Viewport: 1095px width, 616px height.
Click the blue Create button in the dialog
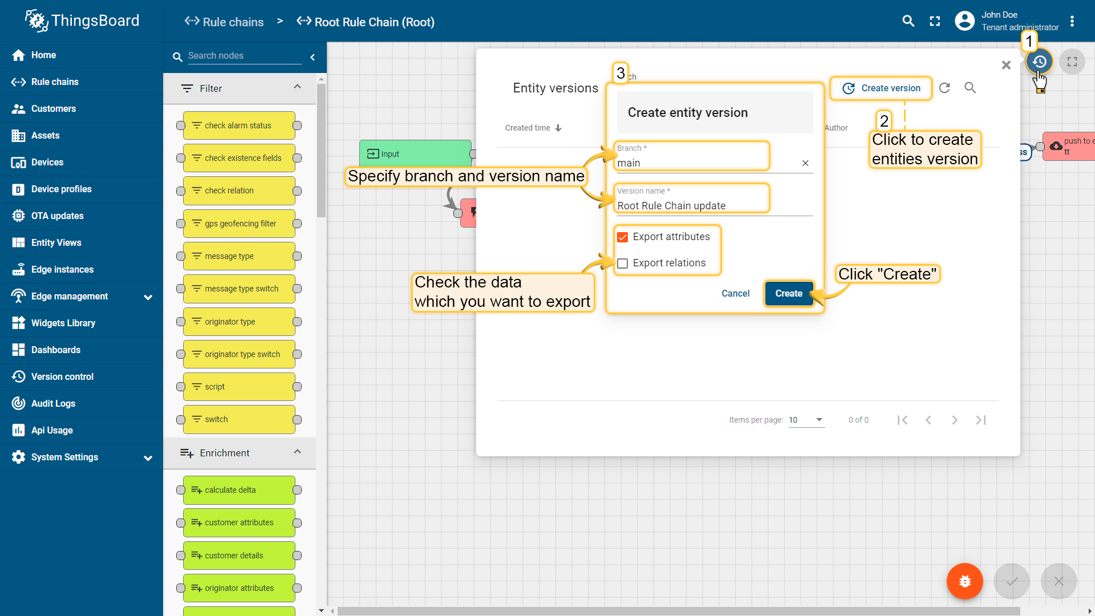click(x=789, y=293)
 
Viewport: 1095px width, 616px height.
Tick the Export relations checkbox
click(x=623, y=263)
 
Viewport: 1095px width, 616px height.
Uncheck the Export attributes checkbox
click(x=623, y=237)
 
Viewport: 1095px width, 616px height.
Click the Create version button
click(x=881, y=88)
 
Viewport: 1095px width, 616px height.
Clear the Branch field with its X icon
click(x=805, y=163)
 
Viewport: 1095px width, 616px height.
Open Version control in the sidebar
click(x=62, y=376)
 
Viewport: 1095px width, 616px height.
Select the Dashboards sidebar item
click(x=56, y=350)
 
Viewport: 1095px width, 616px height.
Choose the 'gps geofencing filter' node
click(x=239, y=224)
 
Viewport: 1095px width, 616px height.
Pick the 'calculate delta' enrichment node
click(x=239, y=490)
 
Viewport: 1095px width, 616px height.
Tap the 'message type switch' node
click(x=239, y=289)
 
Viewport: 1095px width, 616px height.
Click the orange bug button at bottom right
click(x=964, y=581)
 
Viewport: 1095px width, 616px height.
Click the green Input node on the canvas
click(x=415, y=153)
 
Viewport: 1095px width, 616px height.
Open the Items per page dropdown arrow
click(x=820, y=420)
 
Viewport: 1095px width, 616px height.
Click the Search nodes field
click(x=244, y=56)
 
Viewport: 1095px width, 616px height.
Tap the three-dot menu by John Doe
click(x=1072, y=21)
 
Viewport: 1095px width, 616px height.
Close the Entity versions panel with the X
click(x=1006, y=65)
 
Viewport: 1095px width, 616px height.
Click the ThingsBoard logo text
click(x=95, y=21)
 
